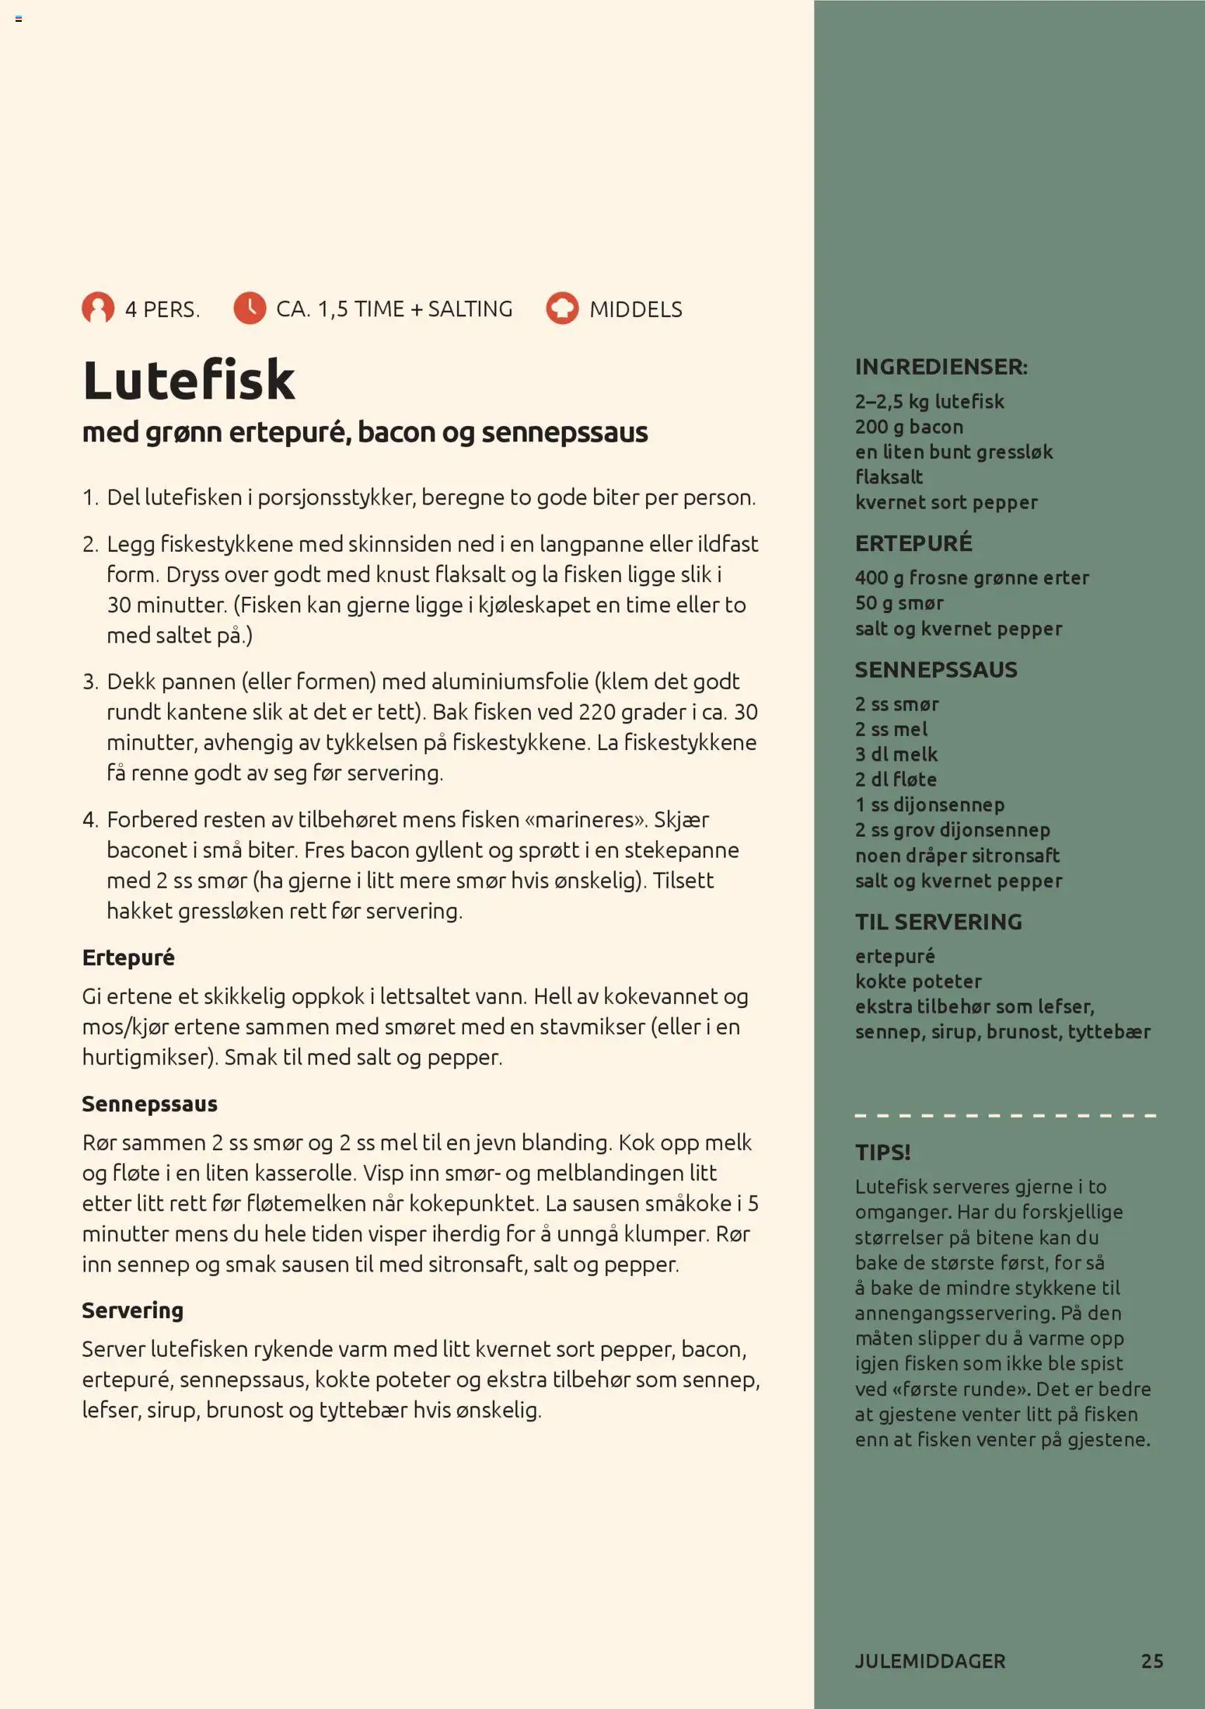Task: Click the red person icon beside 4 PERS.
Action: pyautogui.click(x=98, y=309)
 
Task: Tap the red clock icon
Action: pyautogui.click(x=250, y=309)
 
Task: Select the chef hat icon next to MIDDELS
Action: pyautogui.click(x=562, y=309)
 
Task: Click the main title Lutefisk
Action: pyautogui.click(x=189, y=380)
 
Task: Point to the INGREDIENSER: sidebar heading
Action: pyautogui.click(x=941, y=367)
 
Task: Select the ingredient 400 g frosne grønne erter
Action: pyautogui.click(x=972, y=577)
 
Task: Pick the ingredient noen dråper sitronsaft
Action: pyautogui.click(x=957, y=855)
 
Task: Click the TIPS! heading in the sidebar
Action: pyautogui.click(x=882, y=1152)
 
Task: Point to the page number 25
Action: pyautogui.click(x=1151, y=1661)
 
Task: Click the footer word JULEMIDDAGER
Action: pyautogui.click(x=930, y=1661)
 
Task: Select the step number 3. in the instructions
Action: pyautogui.click(x=90, y=682)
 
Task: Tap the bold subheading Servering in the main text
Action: pyautogui.click(x=133, y=1310)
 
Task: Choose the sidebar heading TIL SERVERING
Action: pyautogui.click(x=938, y=922)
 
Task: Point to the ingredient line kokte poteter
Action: pyautogui.click(x=918, y=981)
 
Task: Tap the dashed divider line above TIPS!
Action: pyautogui.click(x=1004, y=1115)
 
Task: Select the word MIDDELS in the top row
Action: pyautogui.click(x=635, y=309)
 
